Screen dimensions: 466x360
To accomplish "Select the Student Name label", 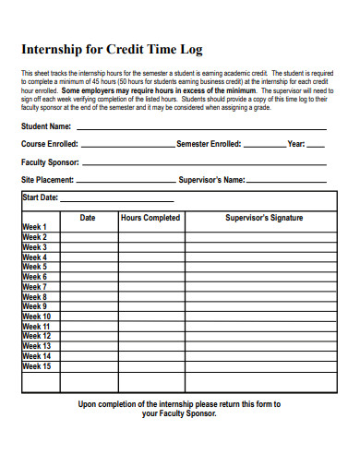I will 46,126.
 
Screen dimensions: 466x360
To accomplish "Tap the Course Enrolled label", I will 50,144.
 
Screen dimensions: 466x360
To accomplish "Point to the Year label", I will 295,144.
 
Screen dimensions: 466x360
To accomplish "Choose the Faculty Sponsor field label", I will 50,161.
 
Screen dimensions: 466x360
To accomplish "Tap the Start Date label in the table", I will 40,197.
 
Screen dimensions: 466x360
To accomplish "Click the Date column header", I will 88,218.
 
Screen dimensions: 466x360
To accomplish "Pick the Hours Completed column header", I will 150,218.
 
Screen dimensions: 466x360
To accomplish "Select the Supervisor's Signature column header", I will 264,218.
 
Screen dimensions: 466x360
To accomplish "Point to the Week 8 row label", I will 34,297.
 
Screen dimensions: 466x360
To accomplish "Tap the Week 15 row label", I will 36,366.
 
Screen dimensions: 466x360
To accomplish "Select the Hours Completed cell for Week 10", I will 150,317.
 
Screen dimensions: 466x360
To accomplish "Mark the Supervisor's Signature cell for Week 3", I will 264,247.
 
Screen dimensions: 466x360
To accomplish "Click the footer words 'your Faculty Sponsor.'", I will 179,414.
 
